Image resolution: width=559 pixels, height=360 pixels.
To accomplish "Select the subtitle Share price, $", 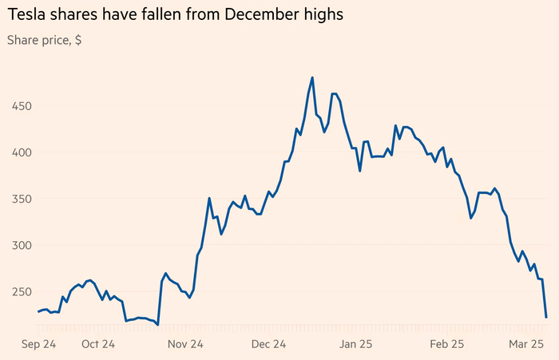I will tap(44, 40).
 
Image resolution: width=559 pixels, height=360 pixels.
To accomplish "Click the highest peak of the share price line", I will tap(312, 77).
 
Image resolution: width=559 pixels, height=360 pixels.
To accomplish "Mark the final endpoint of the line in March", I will tap(546, 318).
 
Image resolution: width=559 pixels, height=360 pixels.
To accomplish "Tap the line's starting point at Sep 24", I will tap(38, 311).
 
